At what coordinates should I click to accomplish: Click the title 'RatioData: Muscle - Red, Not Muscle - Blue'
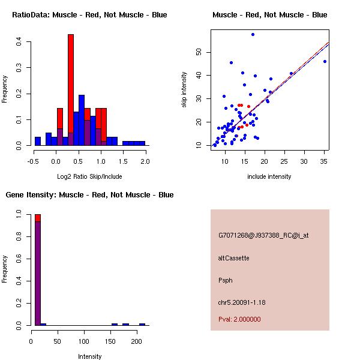pyautogui.click(x=89, y=14)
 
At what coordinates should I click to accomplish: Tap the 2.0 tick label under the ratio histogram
pyautogui.click(x=146, y=160)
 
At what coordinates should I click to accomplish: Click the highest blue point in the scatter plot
pyautogui.click(x=253, y=34)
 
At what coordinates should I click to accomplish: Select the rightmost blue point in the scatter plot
pyautogui.click(x=325, y=61)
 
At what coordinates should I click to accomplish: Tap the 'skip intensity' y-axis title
pyautogui.click(x=184, y=90)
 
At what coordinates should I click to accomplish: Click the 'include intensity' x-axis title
pyautogui.click(x=269, y=176)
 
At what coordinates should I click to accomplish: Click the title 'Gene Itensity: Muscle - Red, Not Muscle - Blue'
pyautogui.click(x=89, y=194)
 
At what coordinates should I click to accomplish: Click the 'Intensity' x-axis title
pyautogui.click(x=90, y=356)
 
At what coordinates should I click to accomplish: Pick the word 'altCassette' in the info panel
pyautogui.click(x=233, y=258)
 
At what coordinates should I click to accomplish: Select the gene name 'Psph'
pyautogui.click(x=225, y=280)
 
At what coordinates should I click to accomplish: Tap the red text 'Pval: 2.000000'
pyautogui.click(x=239, y=319)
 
